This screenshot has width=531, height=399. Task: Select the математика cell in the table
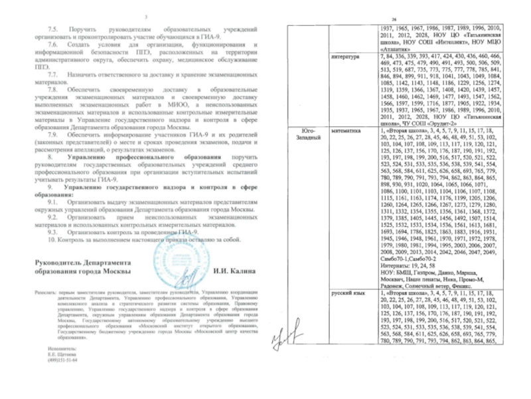[346, 132]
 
